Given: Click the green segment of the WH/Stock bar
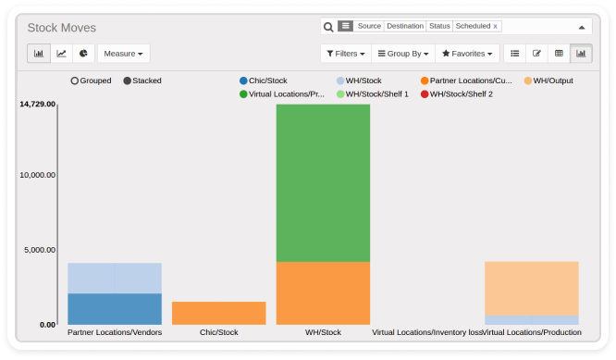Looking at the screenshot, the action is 323,182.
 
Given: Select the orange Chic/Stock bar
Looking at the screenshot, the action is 219,313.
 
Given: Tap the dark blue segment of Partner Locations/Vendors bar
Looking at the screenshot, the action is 115,309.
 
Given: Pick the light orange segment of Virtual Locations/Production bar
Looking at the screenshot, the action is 532,289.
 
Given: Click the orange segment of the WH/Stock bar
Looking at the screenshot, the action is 323,293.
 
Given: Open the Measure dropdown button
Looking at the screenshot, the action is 123,54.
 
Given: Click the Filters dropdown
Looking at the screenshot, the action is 346,54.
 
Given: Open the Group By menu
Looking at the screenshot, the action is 403,54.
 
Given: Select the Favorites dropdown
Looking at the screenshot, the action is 467,54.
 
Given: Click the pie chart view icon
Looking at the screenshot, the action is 83,54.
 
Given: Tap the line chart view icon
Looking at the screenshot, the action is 61,54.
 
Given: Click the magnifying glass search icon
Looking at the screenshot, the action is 328,27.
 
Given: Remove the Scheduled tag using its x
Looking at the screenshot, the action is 496,26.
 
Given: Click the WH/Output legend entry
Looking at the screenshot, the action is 548,81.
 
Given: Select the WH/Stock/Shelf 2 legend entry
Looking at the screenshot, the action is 457,94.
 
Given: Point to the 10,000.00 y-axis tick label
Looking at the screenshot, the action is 38,175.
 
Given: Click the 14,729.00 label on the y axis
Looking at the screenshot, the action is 38,104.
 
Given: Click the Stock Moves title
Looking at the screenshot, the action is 62,28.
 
